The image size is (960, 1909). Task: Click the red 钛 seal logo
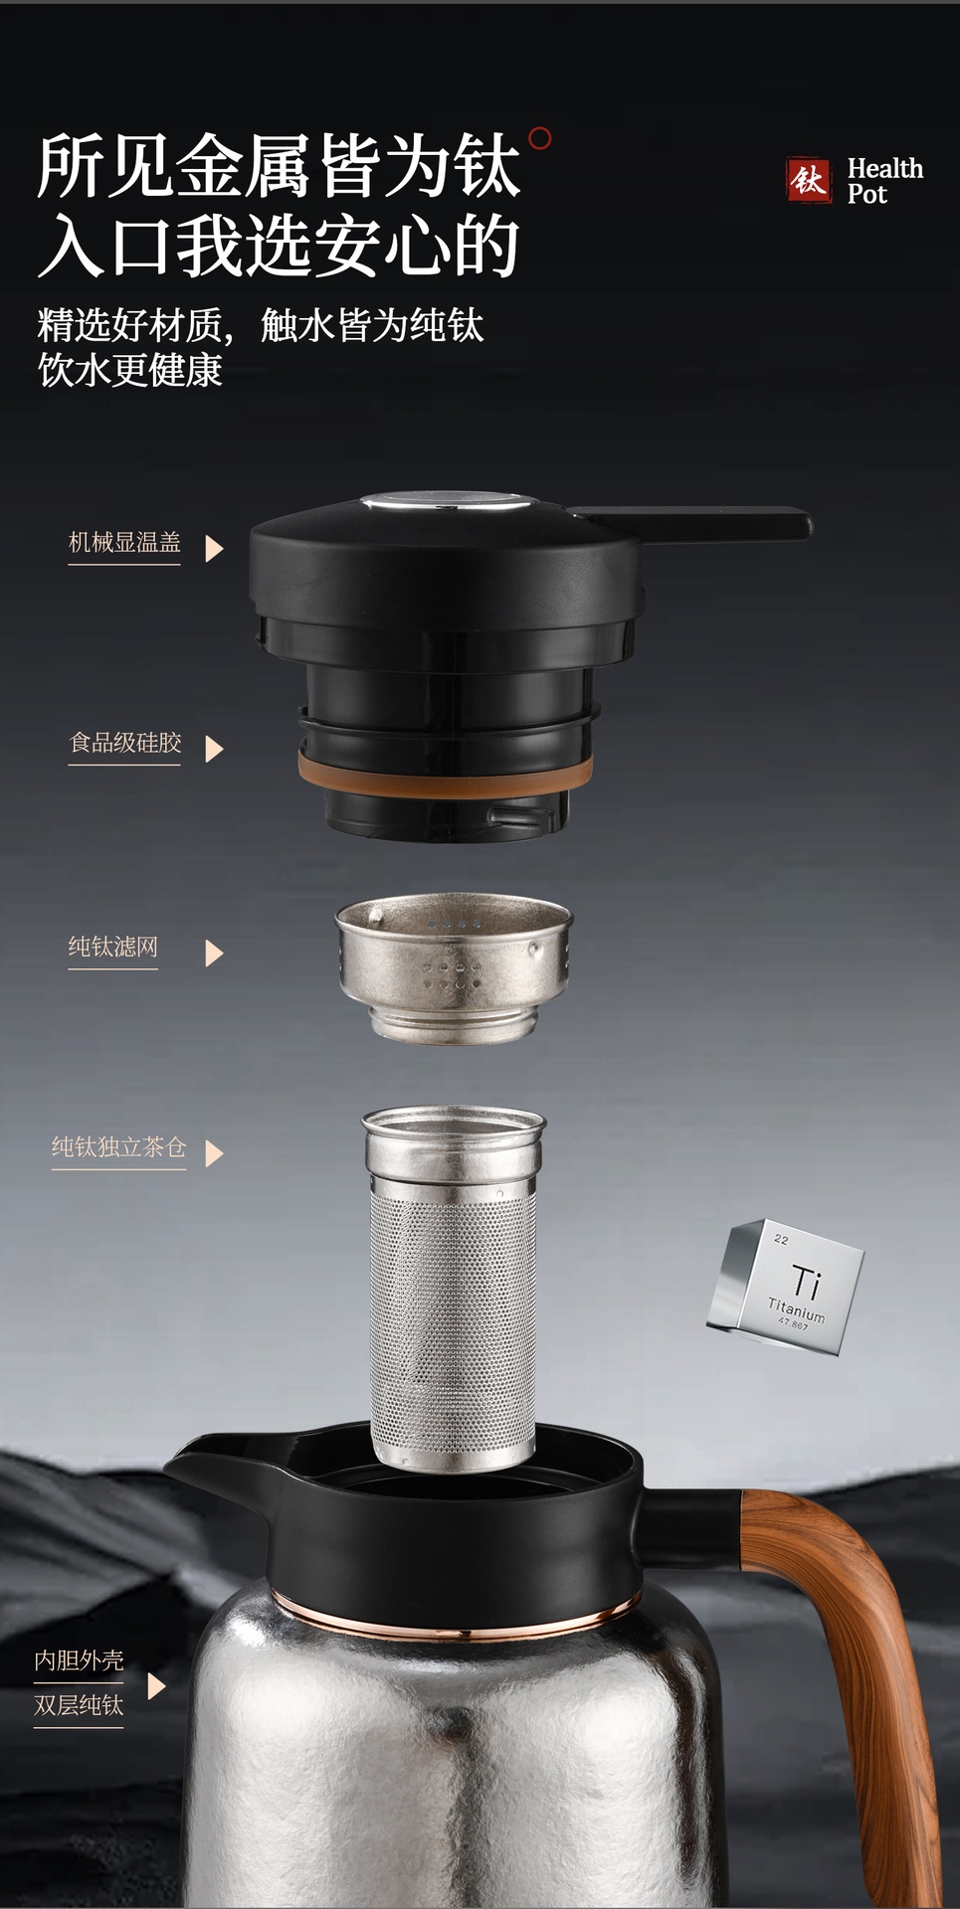[808, 180]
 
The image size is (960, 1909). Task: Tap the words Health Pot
[884, 181]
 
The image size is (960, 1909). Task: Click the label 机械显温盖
[124, 542]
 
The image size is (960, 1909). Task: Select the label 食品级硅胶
[125, 743]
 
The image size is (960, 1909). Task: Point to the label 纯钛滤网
[113, 947]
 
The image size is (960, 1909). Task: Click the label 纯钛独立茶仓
[119, 1147]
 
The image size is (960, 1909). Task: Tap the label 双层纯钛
[79, 1705]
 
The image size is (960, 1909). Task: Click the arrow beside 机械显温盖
[214, 548]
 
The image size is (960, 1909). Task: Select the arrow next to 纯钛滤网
[214, 954]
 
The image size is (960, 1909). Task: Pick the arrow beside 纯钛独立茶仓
[214, 1153]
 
